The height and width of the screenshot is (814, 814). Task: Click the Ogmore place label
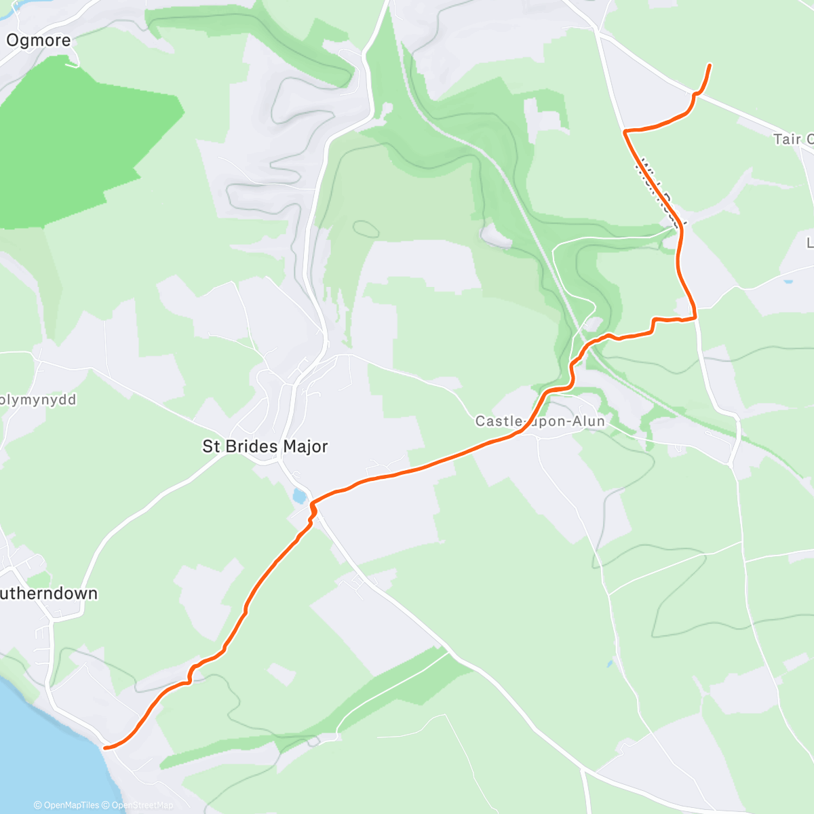click(x=39, y=41)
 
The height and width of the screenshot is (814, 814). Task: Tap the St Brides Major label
click(x=265, y=446)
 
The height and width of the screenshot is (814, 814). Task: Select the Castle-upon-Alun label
click(x=540, y=421)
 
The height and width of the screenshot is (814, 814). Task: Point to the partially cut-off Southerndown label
click(x=49, y=594)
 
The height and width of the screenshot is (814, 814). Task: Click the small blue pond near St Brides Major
click(x=299, y=497)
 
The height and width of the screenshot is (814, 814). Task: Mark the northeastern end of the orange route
click(x=710, y=65)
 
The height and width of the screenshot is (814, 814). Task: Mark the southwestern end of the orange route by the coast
click(x=105, y=748)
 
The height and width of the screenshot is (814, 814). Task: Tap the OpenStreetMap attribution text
click(x=142, y=805)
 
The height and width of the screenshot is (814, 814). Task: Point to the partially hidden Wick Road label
click(x=661, y=190)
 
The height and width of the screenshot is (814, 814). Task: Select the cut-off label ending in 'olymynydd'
click(x=38, y=400)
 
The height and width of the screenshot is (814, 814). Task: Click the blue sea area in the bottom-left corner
click(x=34, y=746)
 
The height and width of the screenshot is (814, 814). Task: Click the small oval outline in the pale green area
click(x=365, y=229)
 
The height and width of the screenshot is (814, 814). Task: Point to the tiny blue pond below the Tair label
click(x=787, y=281)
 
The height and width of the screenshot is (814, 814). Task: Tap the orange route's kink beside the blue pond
click(x=313, y=507)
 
